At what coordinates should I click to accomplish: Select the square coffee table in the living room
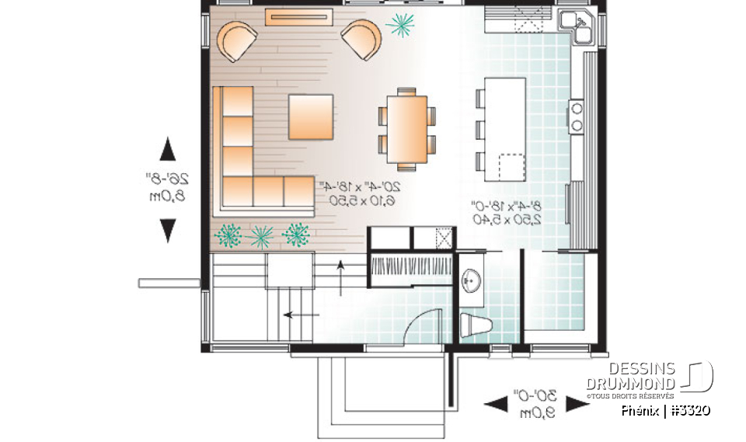pyautogui.click(x=312, y=117)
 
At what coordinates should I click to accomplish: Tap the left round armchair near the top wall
pyautogui.click(x=237, y=41)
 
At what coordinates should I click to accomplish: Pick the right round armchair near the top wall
pyautogui.click(x=361, y=40)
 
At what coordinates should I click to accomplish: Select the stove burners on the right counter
pyautogui.click(x=577, y=116)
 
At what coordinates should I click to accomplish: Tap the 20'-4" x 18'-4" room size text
pyautogui.click(x=358, y=193)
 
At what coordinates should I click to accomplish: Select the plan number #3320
pyautogui.click(x=689, y=410)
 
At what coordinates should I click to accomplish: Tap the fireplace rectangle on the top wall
pyautogui.click(x=299, y=17)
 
